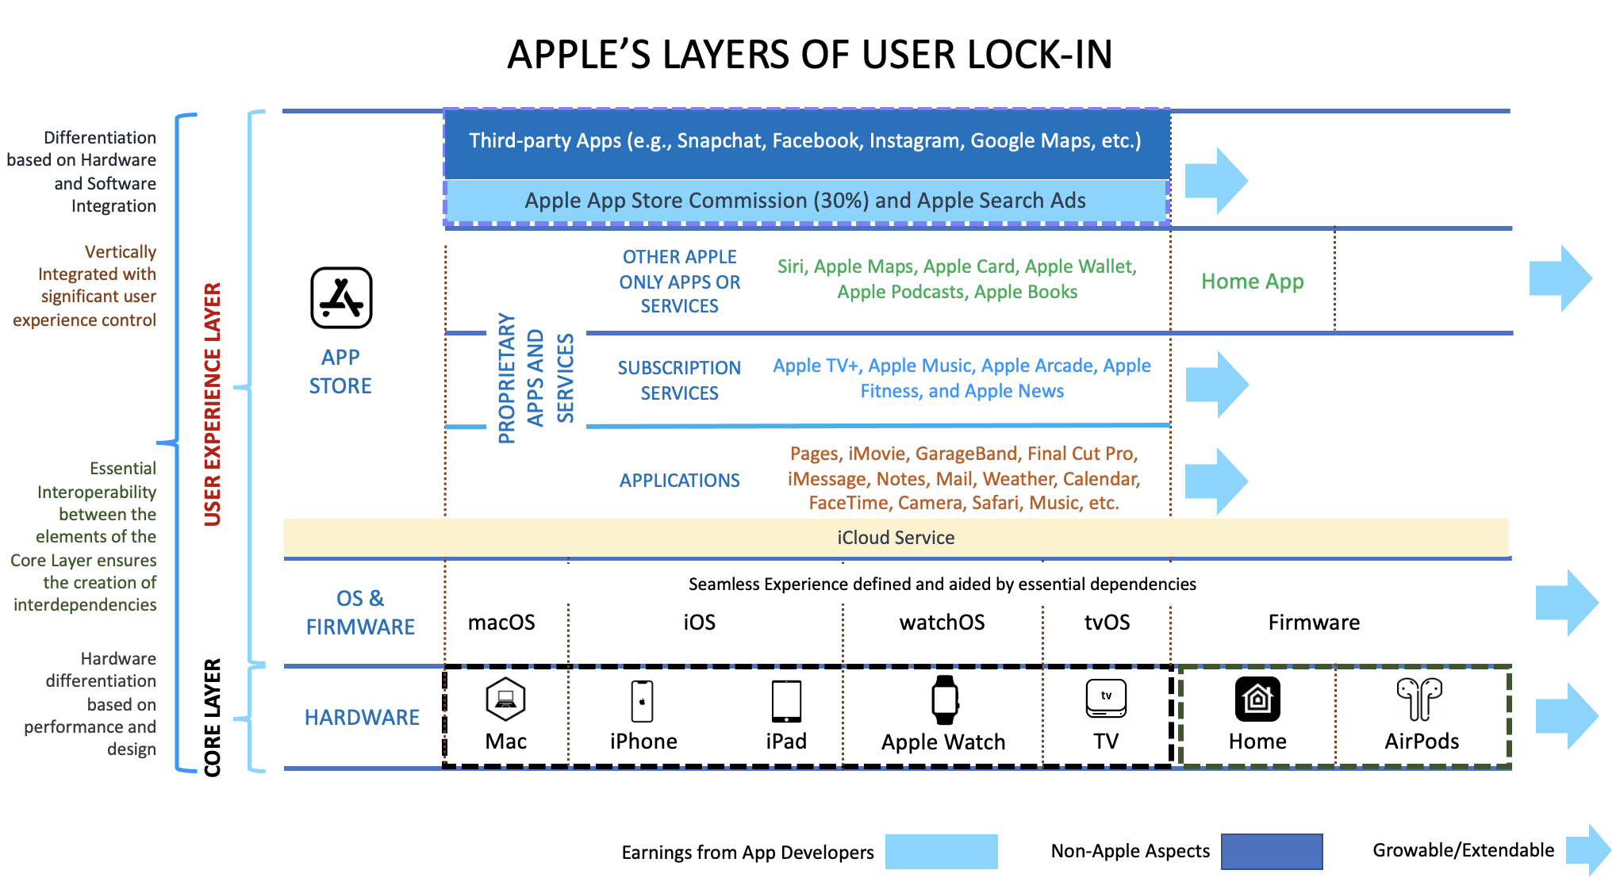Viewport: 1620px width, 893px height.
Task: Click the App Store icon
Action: pos(341,297)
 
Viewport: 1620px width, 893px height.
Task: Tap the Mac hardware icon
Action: pos(505,699)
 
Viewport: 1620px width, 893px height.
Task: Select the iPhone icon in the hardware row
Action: pos(642,701)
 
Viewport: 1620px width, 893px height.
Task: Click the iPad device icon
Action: pos(786,701)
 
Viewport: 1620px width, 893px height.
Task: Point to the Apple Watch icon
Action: pos(944,700)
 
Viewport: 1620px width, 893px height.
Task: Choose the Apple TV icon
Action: pos(1106,699)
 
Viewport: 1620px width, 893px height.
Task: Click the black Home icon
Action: pos(1257,699)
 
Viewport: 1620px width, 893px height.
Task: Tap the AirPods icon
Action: pos(1420,699)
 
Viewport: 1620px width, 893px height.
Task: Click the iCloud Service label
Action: pos(896,538)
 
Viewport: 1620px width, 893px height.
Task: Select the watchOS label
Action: pos(942,623)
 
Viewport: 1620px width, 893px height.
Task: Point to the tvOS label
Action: pos(1107,623)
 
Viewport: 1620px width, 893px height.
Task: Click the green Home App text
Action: pos(1252,282)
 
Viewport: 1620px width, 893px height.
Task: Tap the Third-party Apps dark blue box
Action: pos(805,141)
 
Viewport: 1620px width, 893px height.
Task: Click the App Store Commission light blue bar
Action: pos(805,201)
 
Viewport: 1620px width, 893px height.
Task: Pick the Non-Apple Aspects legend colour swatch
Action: pos(1271,852)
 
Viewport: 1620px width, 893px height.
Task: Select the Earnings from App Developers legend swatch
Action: pos(941,852)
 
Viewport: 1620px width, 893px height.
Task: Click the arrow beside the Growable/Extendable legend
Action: pos(1588,850)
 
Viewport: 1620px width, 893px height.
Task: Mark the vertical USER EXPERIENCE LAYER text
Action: pos(213,404)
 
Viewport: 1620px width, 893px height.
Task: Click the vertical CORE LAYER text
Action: pos(213,718)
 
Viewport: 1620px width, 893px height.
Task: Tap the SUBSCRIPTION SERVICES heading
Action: pos(679,381)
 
